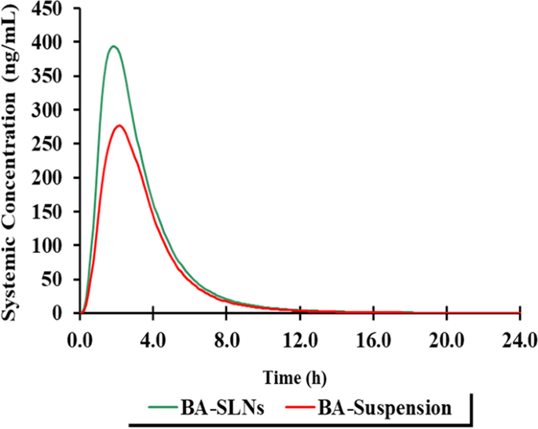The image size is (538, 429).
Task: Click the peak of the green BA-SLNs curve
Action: point(114,46)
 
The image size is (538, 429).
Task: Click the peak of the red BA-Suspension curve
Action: point(120,126)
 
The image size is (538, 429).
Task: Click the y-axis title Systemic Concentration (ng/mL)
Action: point(13,160)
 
